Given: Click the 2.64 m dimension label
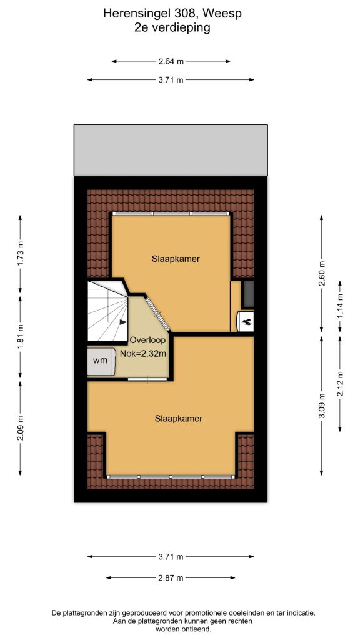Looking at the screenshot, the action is (171, 62).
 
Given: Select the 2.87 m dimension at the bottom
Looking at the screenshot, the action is (171, 578).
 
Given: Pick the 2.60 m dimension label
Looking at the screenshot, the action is (322, 273).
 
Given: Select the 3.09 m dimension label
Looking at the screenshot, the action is (322, 406).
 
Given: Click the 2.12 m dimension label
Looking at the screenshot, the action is (340, 383).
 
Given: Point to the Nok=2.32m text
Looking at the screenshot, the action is (143, 354).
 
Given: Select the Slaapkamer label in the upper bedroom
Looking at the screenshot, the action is (176, 259).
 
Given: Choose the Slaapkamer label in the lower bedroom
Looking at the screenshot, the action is (179, 419).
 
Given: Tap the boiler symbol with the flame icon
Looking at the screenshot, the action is (246, 322).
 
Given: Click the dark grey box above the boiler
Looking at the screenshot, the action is (247, 294).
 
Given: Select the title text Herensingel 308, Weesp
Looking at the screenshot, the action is (172, 14).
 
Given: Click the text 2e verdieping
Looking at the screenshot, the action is (172, 28).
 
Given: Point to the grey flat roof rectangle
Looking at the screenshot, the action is (171, 150).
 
